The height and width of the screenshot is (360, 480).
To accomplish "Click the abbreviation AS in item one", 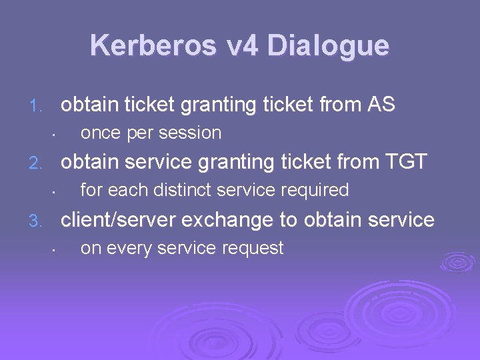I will click(381, 105).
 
